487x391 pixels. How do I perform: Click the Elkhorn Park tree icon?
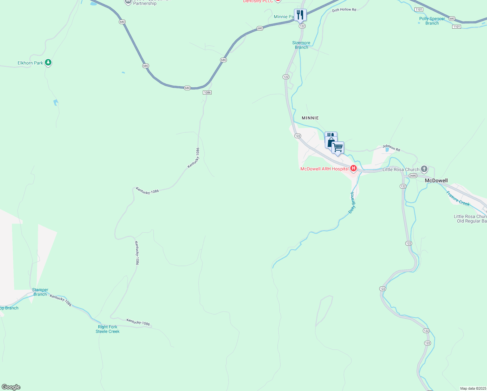click(x=48, y=62)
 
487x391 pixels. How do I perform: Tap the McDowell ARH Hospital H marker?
click(x=353, y=168)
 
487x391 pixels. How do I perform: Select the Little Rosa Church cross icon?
click(x=424, y=169)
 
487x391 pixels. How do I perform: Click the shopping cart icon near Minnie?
click(x=338, y=148)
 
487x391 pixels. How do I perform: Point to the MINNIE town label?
click(x=310, y=118)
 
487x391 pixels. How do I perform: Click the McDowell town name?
click(x=436, y=181)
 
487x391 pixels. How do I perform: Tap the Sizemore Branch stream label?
click(x=301, y=45)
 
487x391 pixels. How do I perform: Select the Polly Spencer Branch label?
click(x=432, y=21)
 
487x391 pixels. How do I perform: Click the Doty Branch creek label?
click(x=352, y=203)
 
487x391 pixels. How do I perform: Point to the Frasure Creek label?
click(x=458, y=198)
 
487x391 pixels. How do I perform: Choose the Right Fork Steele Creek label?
click(x=107, y=329)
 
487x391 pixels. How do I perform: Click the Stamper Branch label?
click(x=40, y=292)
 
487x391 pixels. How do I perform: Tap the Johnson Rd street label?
click(x=391, y=148)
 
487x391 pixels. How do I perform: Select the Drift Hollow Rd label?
click(x=344, y=10)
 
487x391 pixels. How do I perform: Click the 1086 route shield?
click(x=207, y=93)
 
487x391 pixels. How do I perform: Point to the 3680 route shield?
click(x=413, y=176)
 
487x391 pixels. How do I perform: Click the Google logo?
click(x=11, y=387)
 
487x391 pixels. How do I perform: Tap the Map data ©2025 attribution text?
click(x=473, y=388)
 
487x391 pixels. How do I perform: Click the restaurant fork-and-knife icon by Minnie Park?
click(x=300, y=15)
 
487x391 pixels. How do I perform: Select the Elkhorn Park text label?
click(x=30, y=63)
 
